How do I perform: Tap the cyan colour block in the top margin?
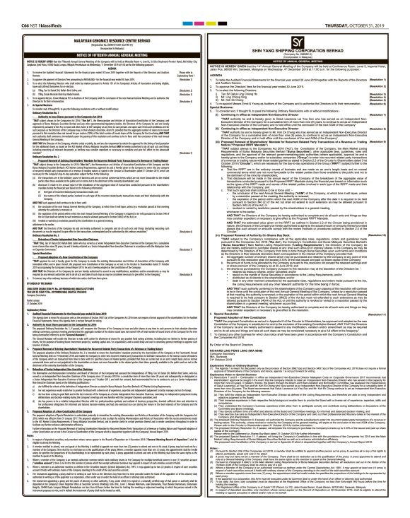(x=191, y=4)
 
